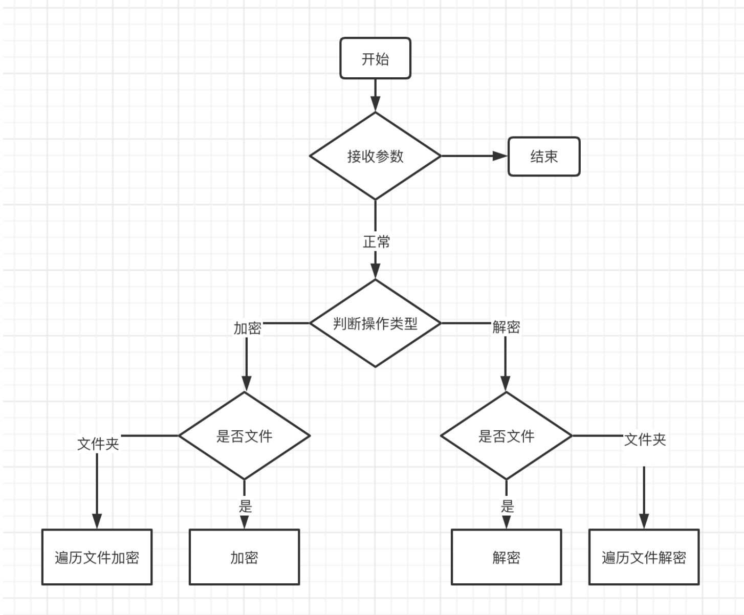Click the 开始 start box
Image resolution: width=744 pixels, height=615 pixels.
375,58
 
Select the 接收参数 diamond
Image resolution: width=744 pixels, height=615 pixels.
375,156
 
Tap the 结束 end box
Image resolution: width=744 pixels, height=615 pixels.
543,157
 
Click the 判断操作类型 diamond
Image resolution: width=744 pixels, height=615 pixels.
375,323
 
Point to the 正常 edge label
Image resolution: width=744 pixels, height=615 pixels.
376,241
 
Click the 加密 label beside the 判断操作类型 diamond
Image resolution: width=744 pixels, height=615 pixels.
247,328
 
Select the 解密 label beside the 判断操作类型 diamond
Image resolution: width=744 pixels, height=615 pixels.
506,327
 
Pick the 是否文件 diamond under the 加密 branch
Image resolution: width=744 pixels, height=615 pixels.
245,436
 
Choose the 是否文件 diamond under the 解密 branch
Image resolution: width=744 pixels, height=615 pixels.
506,436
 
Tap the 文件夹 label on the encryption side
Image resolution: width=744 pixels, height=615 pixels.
98,444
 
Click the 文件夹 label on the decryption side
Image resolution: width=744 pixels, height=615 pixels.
645,439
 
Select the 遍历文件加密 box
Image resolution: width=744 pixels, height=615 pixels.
97,557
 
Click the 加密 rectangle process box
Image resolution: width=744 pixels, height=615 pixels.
244,557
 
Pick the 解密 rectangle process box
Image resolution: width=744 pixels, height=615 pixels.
506,557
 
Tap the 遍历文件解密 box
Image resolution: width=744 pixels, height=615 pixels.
644,557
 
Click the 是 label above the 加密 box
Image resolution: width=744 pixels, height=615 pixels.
245,506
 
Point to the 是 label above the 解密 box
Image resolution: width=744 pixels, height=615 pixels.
507,506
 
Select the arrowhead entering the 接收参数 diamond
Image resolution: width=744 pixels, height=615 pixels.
375,104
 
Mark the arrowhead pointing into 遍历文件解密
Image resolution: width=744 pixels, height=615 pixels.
644,521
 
